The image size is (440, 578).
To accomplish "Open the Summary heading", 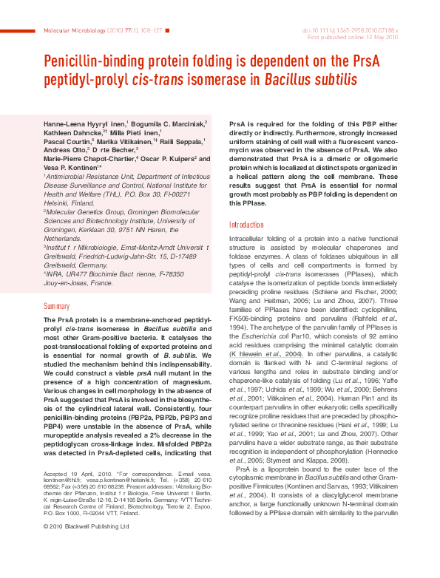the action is pos(56,305).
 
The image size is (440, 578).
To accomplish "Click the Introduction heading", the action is pos(246,225).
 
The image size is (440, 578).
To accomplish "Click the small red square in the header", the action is pos(167,30).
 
